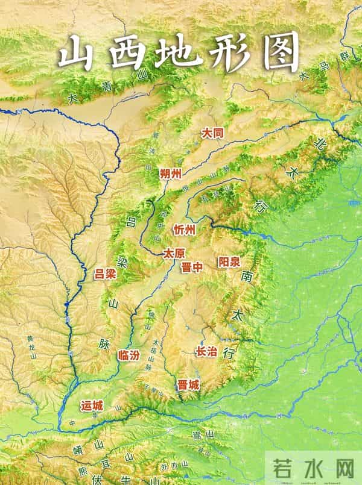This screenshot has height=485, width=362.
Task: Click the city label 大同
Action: [x=213, y=133]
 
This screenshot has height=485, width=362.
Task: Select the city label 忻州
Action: [x=184, y=230]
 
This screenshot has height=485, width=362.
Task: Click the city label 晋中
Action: [x=191, y=268]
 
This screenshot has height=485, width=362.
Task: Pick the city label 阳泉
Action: [x=229, y=261]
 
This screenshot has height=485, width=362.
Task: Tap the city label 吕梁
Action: [x=105, y=274]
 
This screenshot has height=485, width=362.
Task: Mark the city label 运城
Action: [x=92, y=406]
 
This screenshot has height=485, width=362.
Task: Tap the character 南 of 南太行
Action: [x=247, y=277]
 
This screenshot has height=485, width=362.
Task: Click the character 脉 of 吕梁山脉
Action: [x=104, y=344]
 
